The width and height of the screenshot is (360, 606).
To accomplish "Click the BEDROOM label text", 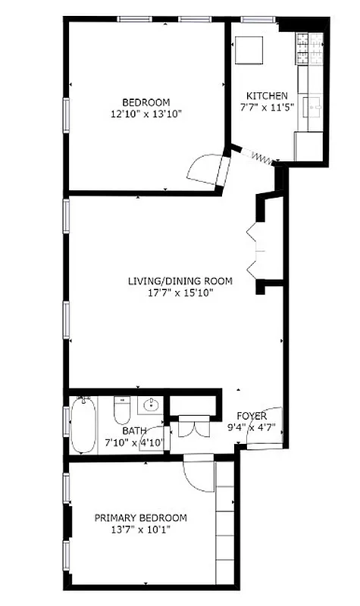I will click(x=146, y=102).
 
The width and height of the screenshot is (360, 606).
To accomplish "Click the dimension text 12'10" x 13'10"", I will click(x=146, y=114).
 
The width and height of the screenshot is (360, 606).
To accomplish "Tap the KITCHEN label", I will click(x=267, y=95).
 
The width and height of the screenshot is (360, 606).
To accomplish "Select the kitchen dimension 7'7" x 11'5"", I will click(x=267, y=108).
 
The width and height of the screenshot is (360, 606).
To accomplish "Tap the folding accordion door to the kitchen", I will click(x=259, y=157).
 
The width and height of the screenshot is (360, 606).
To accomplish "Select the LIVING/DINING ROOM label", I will click(x=180, y=281).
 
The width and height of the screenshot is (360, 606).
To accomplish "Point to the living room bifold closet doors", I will click(x=255, y=249).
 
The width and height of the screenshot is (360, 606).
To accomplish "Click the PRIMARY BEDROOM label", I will click(x=140, y=518).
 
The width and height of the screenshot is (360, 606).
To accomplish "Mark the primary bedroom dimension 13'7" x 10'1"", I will click(x=140, y=529).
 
